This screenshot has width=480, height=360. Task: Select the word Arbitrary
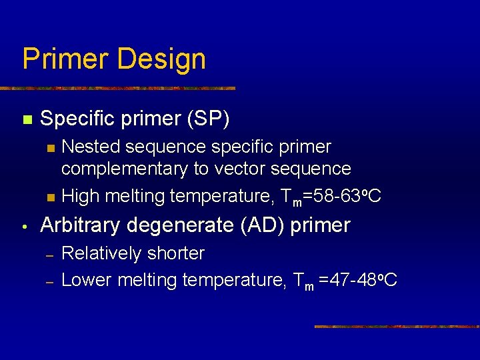coord(82,225)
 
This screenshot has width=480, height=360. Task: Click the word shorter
coord(176,253)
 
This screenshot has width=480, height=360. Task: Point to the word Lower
coord(87,280)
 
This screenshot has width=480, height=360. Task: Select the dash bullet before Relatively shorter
coord(49,255)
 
